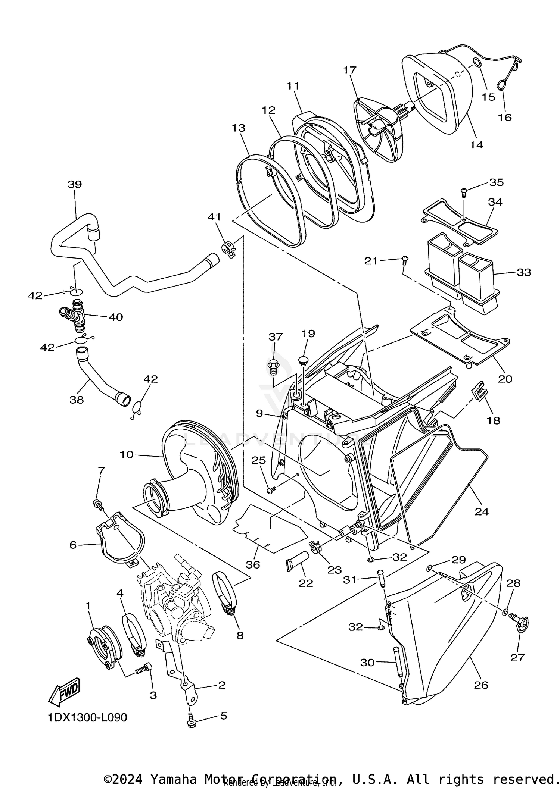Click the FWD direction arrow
click(64, 691)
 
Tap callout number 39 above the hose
click(75, 184)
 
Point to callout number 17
click(350, 70)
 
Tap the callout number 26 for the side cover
click(481, 685)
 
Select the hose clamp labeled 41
click(228, 249)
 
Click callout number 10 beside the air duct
click(127, 454)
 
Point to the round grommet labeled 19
click(303, 360)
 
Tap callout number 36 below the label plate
click(253, 565)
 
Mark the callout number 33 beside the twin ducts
click(524, 272)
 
